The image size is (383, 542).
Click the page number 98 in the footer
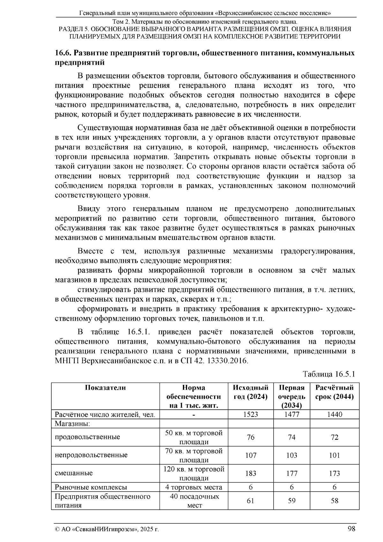click(x=351, y=529)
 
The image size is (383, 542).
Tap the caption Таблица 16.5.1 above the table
click(x=329, y=374)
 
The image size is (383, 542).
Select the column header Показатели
click(x=105, y=388)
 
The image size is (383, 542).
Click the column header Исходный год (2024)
click(x=251, y=392)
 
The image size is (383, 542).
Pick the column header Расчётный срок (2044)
click(x=334, y=392)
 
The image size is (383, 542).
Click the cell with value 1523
click(x=251, y=415)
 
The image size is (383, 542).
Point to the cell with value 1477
click(x=291, y=415)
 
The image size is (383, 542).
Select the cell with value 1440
click(x=334, y=415)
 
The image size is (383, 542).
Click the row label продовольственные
click(x=87, y=437)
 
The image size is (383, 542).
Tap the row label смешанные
click(x=74, y=473)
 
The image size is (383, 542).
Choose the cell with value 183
click(x=251, y=473)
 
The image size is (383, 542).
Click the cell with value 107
click(x=251, y=455)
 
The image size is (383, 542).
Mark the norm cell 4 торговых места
click(x=194, y=487)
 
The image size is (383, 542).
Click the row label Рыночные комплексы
click(x=91, y=487)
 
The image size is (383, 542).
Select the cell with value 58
click(x=334, y=501)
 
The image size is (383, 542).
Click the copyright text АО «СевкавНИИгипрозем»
click(x=101, y=529)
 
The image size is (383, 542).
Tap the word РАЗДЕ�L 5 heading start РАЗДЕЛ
click(x=71, y=29)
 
